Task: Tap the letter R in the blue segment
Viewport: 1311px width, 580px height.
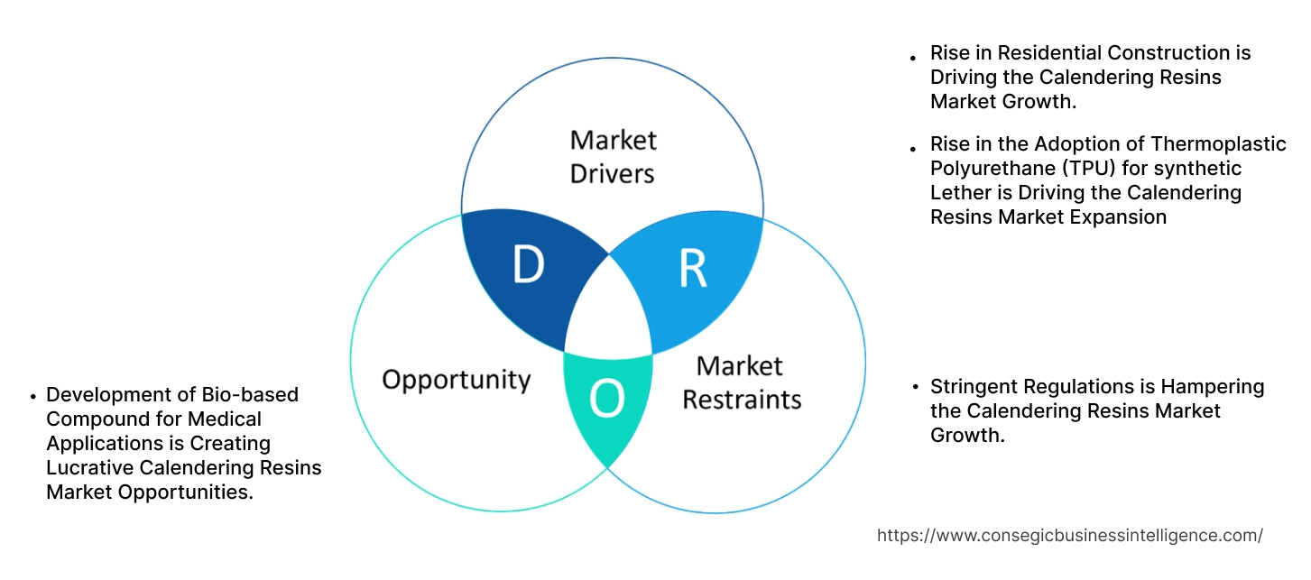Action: pyautogui.click(x=692, y=269)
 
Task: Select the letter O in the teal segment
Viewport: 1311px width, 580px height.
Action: pyautogui.click(x=606, y=400)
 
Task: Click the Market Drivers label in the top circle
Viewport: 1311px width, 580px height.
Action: pyautogui.click(x=613, y=156)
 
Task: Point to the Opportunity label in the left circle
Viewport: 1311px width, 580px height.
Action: pyautogui.click(x=456, y=379)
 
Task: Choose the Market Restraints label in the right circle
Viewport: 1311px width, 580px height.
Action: pyautogui.click(x=741, y=382)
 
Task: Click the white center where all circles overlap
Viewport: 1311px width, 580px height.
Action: pyautogui.click(x=609, y=311)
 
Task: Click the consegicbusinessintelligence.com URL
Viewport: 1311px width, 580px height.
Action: pyautogui.click(x=1069, y=536)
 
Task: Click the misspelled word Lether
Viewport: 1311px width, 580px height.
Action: pyautogui.click(x=960, y=193)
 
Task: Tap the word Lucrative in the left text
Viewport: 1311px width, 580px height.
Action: pyautogui.click(x=89, y=467)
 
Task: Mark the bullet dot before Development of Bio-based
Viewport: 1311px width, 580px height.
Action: pyautogui.click(x=32, y=395)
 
